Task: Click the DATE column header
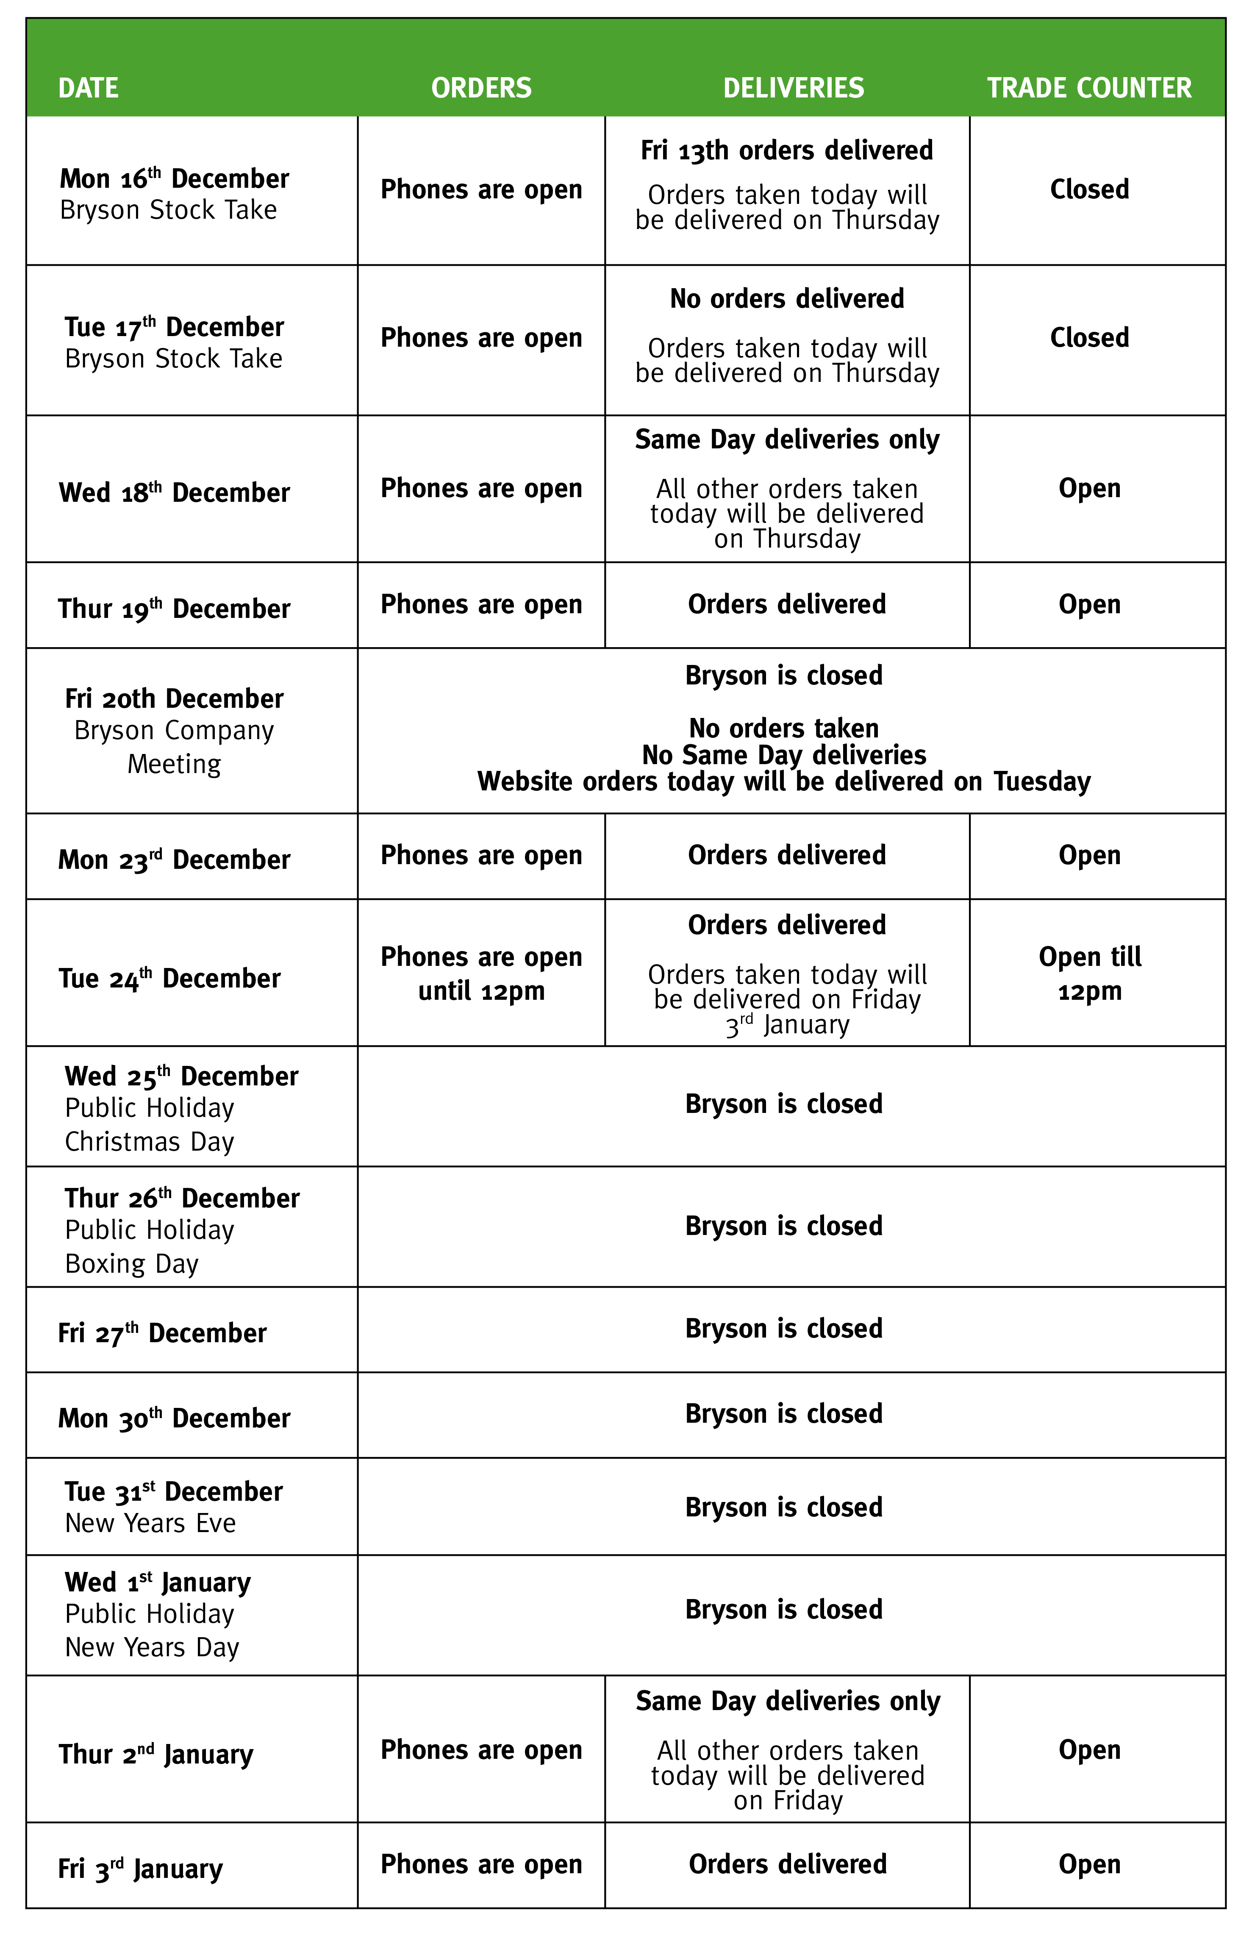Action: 89,88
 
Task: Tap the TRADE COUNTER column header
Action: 1089,88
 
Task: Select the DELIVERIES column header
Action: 793,88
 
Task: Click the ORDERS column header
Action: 481,88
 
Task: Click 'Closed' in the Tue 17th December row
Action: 1089,338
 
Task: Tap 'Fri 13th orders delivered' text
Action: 787,150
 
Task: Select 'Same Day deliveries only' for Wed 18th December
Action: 787,439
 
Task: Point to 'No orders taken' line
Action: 783,728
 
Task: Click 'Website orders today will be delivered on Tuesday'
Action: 783,782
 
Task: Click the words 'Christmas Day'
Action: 150,1142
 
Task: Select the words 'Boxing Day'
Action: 131,1264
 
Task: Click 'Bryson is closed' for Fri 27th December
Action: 783,1329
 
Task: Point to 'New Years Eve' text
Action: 150,1523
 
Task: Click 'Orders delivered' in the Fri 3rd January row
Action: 787,1864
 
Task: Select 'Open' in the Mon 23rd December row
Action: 1089,855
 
